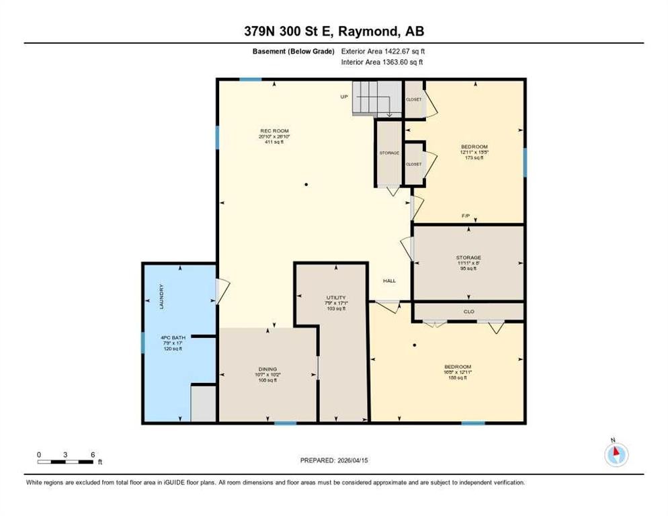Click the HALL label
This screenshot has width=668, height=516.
[x=389, y=281]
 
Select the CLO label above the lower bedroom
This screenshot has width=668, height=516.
[x=469, y=312]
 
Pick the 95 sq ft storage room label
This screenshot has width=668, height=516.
[x=468, y=263]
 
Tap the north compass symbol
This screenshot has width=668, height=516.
[x=616, y=455]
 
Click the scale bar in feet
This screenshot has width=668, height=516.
[x=66, y=462]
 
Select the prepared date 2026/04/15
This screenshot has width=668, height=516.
[x=334, y=460]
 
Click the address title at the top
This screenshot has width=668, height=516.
[x=334, y=31]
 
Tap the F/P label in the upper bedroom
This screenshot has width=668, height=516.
[x=465, y=216]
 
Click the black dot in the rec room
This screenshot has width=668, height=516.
[x=306, y=184]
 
